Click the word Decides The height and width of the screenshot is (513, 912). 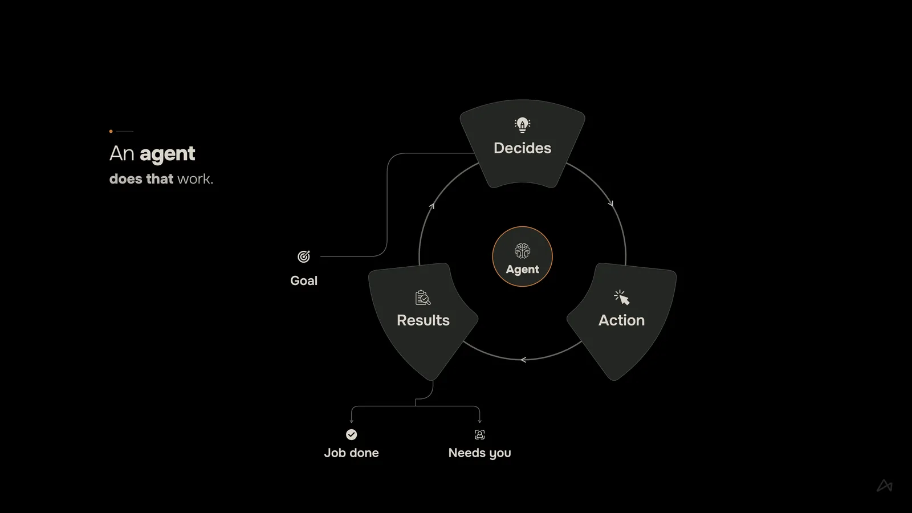tap(522, 148)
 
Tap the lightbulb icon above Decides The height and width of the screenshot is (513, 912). tap(522, 125)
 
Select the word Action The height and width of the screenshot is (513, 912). tap(621, 320)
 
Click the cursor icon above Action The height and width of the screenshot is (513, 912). tap(622, 298)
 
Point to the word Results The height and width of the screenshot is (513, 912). tap(423, 320)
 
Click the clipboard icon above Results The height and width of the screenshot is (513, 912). tap(423, 298)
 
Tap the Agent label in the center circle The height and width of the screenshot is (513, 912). tap(522, 270)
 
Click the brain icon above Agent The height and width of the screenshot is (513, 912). tap(522, 251)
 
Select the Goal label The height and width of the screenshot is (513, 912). tap(304, 281)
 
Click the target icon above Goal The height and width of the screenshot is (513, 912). tap(304, 256)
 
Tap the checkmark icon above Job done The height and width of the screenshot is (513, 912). tap(351, 435)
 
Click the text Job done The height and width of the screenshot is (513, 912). tap(351, 453)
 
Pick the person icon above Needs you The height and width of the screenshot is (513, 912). tap(479, 435)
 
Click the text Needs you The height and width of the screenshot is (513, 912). tap(479, 453)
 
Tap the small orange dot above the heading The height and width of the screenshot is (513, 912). tap(111, 131)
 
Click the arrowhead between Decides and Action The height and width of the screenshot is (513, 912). tap(610, 203)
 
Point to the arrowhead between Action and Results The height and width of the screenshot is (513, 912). tap(524, 360)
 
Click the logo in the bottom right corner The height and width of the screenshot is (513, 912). tap(885, 486)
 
